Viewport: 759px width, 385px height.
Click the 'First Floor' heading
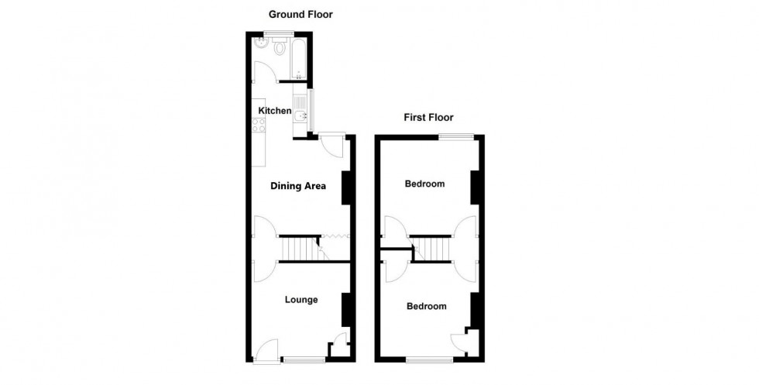pos(428,118)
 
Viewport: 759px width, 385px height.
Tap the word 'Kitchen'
pos(275,111)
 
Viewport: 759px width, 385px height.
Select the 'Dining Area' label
pos(298,186)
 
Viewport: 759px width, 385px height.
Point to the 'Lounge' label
pos(301,300)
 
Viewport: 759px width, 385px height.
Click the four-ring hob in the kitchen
pos(259,124)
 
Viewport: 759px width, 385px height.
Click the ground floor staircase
pos(299,249)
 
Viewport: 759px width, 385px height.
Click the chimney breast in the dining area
pos(346,186)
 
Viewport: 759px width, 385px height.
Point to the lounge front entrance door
pos(266,352)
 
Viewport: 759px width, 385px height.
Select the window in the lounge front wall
pos(303,359)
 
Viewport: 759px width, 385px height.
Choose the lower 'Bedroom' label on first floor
pos(427,307)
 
